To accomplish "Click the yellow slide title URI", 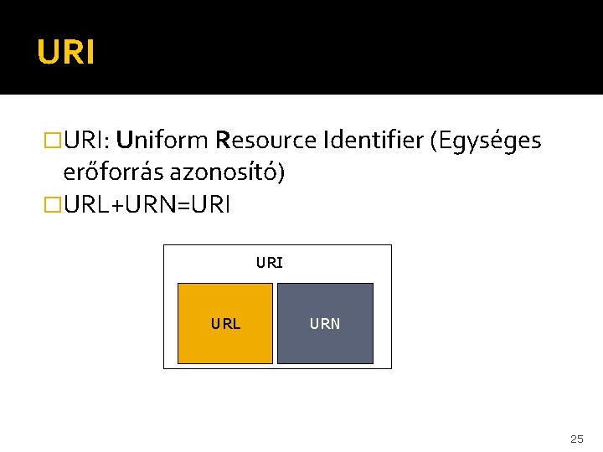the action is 65,53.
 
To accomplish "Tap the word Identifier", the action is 373,141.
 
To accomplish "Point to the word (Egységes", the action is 485,141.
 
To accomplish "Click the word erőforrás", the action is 113,173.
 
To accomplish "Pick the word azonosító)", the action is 227,173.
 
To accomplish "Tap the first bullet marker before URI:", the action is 53,141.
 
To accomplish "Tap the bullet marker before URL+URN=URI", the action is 53,205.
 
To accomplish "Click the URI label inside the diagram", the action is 270,263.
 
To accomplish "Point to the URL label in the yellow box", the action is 225,324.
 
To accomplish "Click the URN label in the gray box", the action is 325,324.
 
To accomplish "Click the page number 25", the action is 576,439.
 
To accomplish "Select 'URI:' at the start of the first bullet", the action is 89,141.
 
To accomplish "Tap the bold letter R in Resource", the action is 222,141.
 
